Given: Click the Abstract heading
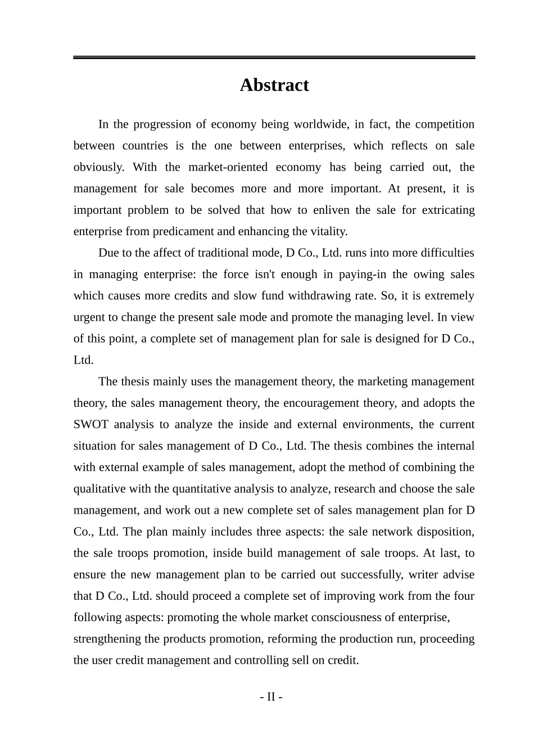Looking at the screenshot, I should click(274, 85).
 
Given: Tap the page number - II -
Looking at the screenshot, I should click(271, 697).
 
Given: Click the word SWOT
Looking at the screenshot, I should click(90, 424).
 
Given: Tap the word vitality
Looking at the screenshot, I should click(328, 231).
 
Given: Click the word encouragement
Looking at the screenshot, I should click(340, 403).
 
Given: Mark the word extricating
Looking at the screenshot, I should click(446, 210).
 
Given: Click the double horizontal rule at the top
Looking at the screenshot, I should click(274, 57).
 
